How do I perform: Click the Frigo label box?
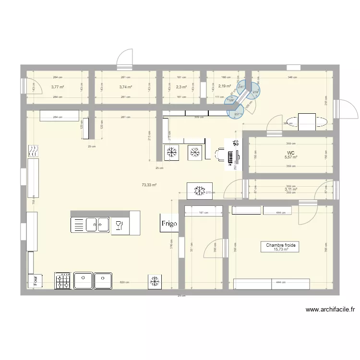(x=169, y=223)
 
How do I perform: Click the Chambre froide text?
(x=282, y=245)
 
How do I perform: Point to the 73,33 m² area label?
(x=149, y=184)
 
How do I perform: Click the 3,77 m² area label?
(x=58, y=87)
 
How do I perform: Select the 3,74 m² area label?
(x=126, y=87)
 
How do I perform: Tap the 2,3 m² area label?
(x=181, y=87)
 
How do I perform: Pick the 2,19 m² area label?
(x=225, y=86)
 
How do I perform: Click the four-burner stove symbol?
(x=63, y=281)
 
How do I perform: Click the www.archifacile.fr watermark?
(x=330, y=310)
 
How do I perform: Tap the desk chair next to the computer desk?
(x=219, y=154)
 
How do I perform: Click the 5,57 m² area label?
(x=291, y=157)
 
